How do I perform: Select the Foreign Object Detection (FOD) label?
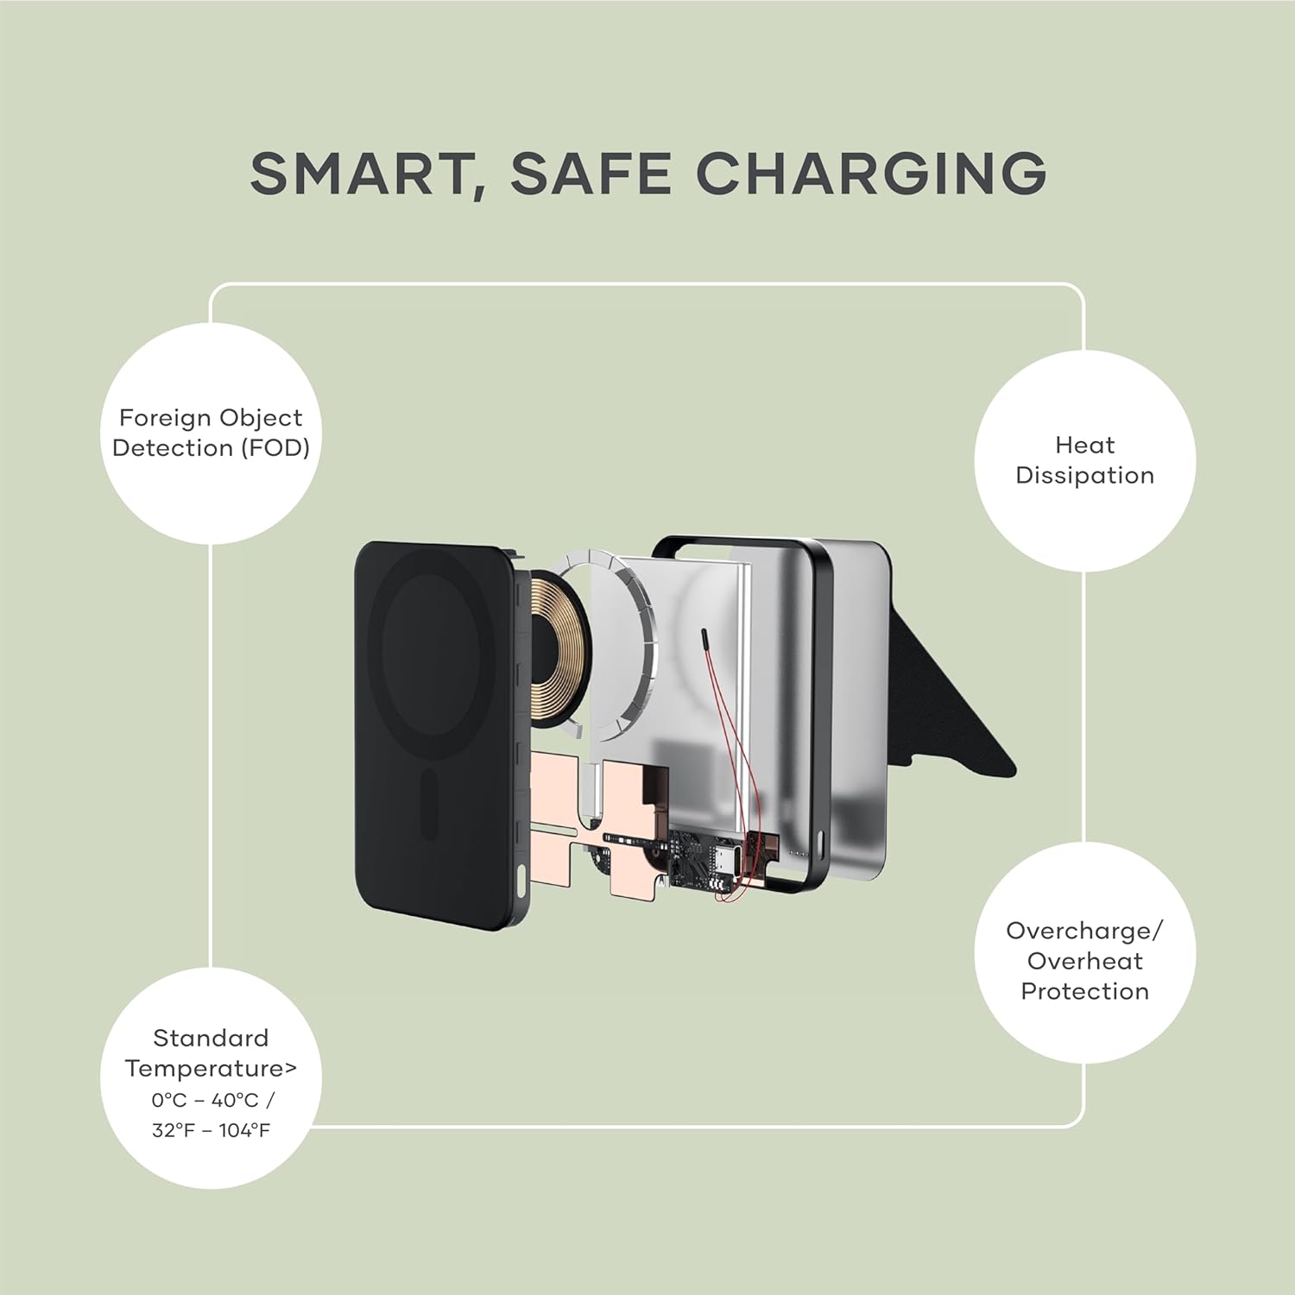(211, 433)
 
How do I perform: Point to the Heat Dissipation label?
(1084, 460)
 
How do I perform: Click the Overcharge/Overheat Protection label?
(1084, 961)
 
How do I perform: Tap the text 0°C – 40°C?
(205, 1100)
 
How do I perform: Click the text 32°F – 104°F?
(211, 1130)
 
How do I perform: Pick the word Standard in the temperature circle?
(211, 1038)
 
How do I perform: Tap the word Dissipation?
(1084, 476)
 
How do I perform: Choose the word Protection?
(1084, 991)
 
